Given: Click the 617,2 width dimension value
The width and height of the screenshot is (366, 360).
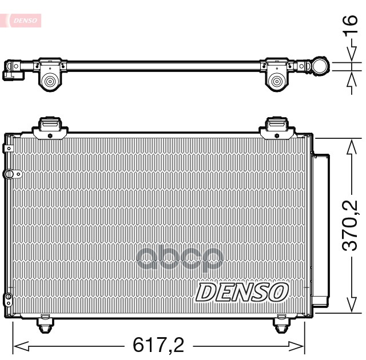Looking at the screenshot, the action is click(158, 345).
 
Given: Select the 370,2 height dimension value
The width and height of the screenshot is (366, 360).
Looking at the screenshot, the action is click(349, 226).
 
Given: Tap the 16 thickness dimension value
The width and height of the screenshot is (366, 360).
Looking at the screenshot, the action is click(350, 24).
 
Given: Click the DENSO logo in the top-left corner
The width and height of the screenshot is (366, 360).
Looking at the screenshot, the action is click(25, 21).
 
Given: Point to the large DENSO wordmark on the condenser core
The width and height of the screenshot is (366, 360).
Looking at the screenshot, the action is click(242, 292).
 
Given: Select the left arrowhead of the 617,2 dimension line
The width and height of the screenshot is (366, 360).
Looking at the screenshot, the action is click(21, 346).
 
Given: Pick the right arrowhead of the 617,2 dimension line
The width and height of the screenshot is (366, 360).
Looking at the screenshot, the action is click(296, 346).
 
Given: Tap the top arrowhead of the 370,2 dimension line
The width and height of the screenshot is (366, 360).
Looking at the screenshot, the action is click(352, 147).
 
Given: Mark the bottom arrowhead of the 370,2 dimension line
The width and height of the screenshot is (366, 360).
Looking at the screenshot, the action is click(352, 305).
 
